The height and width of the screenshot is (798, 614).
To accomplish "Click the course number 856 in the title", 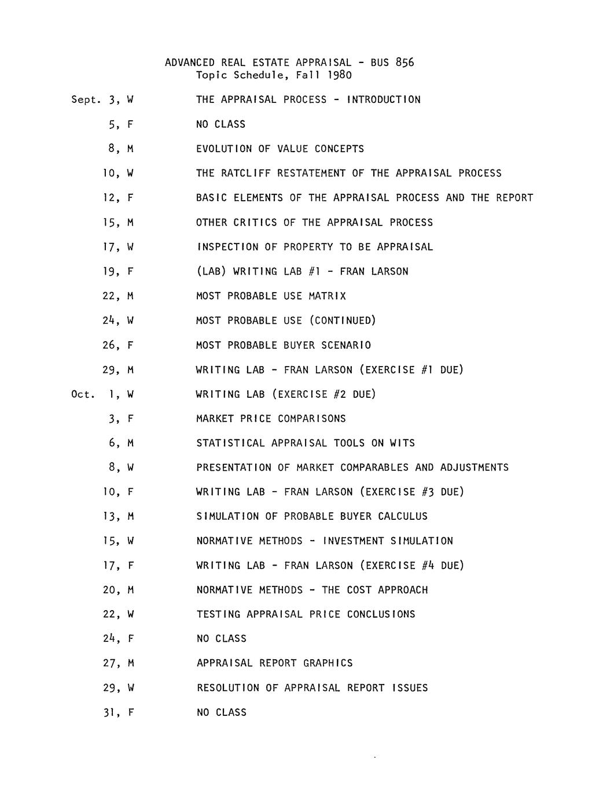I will coord(405,62).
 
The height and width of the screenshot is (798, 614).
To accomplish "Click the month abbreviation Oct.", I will coord(82,394).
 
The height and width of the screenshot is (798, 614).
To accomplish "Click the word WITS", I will coord(402,444).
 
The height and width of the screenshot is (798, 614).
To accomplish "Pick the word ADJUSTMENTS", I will coord(475,468).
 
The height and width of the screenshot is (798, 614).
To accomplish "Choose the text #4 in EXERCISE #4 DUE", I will coord(427,566).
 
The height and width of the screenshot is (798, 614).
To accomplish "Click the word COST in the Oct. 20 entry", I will coord(359,590).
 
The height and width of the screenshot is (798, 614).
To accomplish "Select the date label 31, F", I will coord(118,712).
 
